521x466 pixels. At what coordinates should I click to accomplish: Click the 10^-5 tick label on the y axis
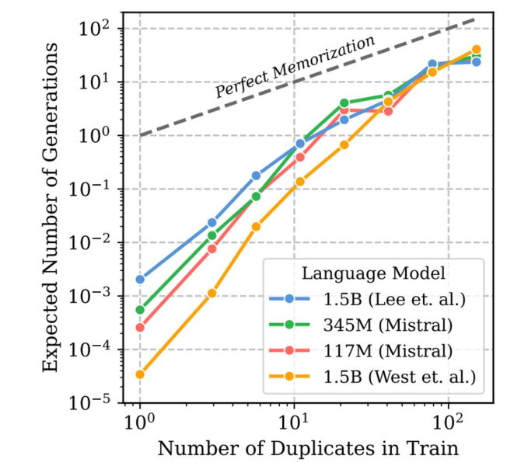97,403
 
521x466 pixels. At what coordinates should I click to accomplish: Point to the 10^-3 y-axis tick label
97,296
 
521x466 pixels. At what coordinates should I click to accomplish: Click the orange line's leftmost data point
140,374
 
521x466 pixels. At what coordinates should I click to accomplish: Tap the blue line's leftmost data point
140,279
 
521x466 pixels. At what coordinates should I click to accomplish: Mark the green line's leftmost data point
140,310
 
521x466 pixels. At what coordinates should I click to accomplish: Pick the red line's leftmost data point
140,328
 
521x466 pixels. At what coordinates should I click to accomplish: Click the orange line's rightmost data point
477,50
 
